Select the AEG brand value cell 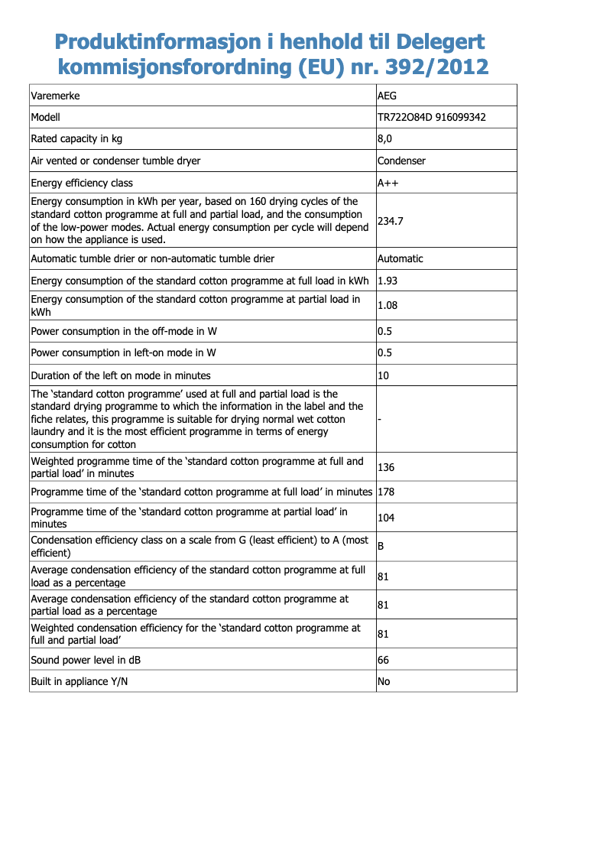[x=388, y=96]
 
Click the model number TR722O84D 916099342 [x=432, y=117]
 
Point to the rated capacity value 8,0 [x=385, y=138]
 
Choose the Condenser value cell [x=402, y=161]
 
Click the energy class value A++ [x=388, y=183]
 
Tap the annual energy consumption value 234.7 [x=391, y=220]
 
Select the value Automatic [x=401, y=258]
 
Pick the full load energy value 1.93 [x=388, y=281]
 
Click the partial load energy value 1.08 [x=388, y=305]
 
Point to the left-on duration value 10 [x=384, y=375]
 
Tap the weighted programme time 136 [x=386, y=467]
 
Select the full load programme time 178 [x=386, y=492]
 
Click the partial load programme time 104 [x=386, y=518]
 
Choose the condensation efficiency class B [x=381, y=547]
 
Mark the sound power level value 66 [x=384, y=659]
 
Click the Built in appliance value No [x=384, y=680]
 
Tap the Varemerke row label [x=55, y=96]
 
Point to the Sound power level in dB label [x=86, y=659]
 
